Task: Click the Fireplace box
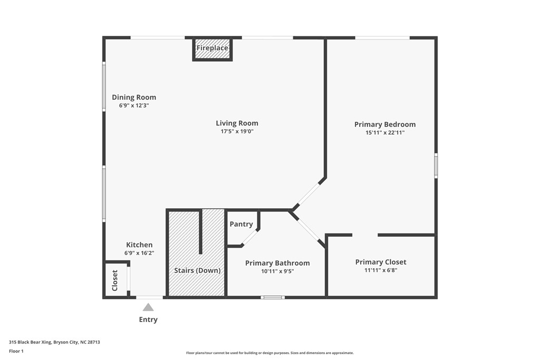[212, 48]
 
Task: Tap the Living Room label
[237, 123]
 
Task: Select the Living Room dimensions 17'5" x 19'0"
[237, 131]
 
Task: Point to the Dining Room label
[134, 98]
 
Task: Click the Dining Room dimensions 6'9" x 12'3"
[134, 105]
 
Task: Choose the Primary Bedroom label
[385, 124]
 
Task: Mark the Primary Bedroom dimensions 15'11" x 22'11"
[385, 132]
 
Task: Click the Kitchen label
[139, 245]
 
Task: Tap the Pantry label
[241, 225]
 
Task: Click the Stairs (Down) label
[197, 270]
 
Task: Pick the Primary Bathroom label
[277, 264]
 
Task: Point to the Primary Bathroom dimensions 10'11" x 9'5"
[277, 271]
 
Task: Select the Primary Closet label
[381, 262]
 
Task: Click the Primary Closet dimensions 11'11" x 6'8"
[381, 270]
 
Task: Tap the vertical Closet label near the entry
[115, 280]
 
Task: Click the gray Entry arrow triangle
[148, 307]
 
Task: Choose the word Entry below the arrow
[148, 320]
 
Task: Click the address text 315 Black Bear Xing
[30, 342]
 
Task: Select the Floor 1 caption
[16, 351]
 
